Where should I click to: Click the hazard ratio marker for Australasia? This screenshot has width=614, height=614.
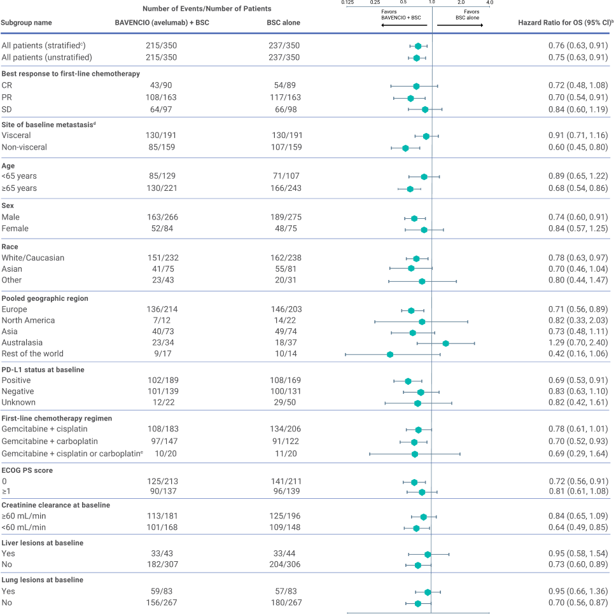(445, 343)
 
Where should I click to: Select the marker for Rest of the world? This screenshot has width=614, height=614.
(390, 354)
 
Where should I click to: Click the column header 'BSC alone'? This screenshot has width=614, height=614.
(283, 23)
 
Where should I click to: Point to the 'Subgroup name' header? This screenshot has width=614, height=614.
(26, 23)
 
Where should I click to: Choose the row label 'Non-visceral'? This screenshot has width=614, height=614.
(24, 147)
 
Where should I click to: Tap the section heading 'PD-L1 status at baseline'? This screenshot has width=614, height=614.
(43, 369)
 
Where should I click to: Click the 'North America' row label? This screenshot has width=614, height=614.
(28, 321)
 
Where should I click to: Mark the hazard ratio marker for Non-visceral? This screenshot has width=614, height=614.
(405, 148)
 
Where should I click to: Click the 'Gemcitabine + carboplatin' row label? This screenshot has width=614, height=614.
(50, 441)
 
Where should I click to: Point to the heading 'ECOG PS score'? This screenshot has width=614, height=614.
(27, 470)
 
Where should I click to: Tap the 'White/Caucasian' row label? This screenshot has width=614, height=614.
(33, 258)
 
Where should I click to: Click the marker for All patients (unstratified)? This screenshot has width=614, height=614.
(416, 58)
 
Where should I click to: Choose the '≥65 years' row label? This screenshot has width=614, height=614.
(19, 188)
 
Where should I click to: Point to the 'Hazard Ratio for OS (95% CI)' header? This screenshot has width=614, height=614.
(562, 23)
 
